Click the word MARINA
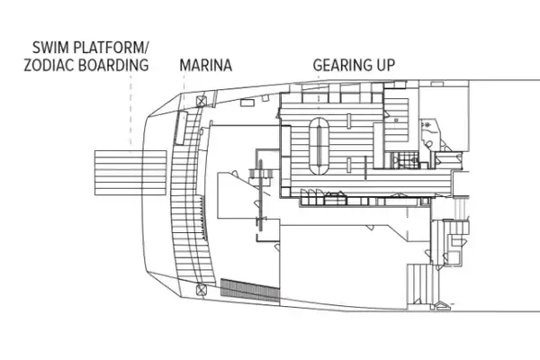click(x=206, y=66)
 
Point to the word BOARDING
click(x=120, y=66)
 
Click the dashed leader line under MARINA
click(x=205, y=85)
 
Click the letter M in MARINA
click(x=185, y=66)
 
